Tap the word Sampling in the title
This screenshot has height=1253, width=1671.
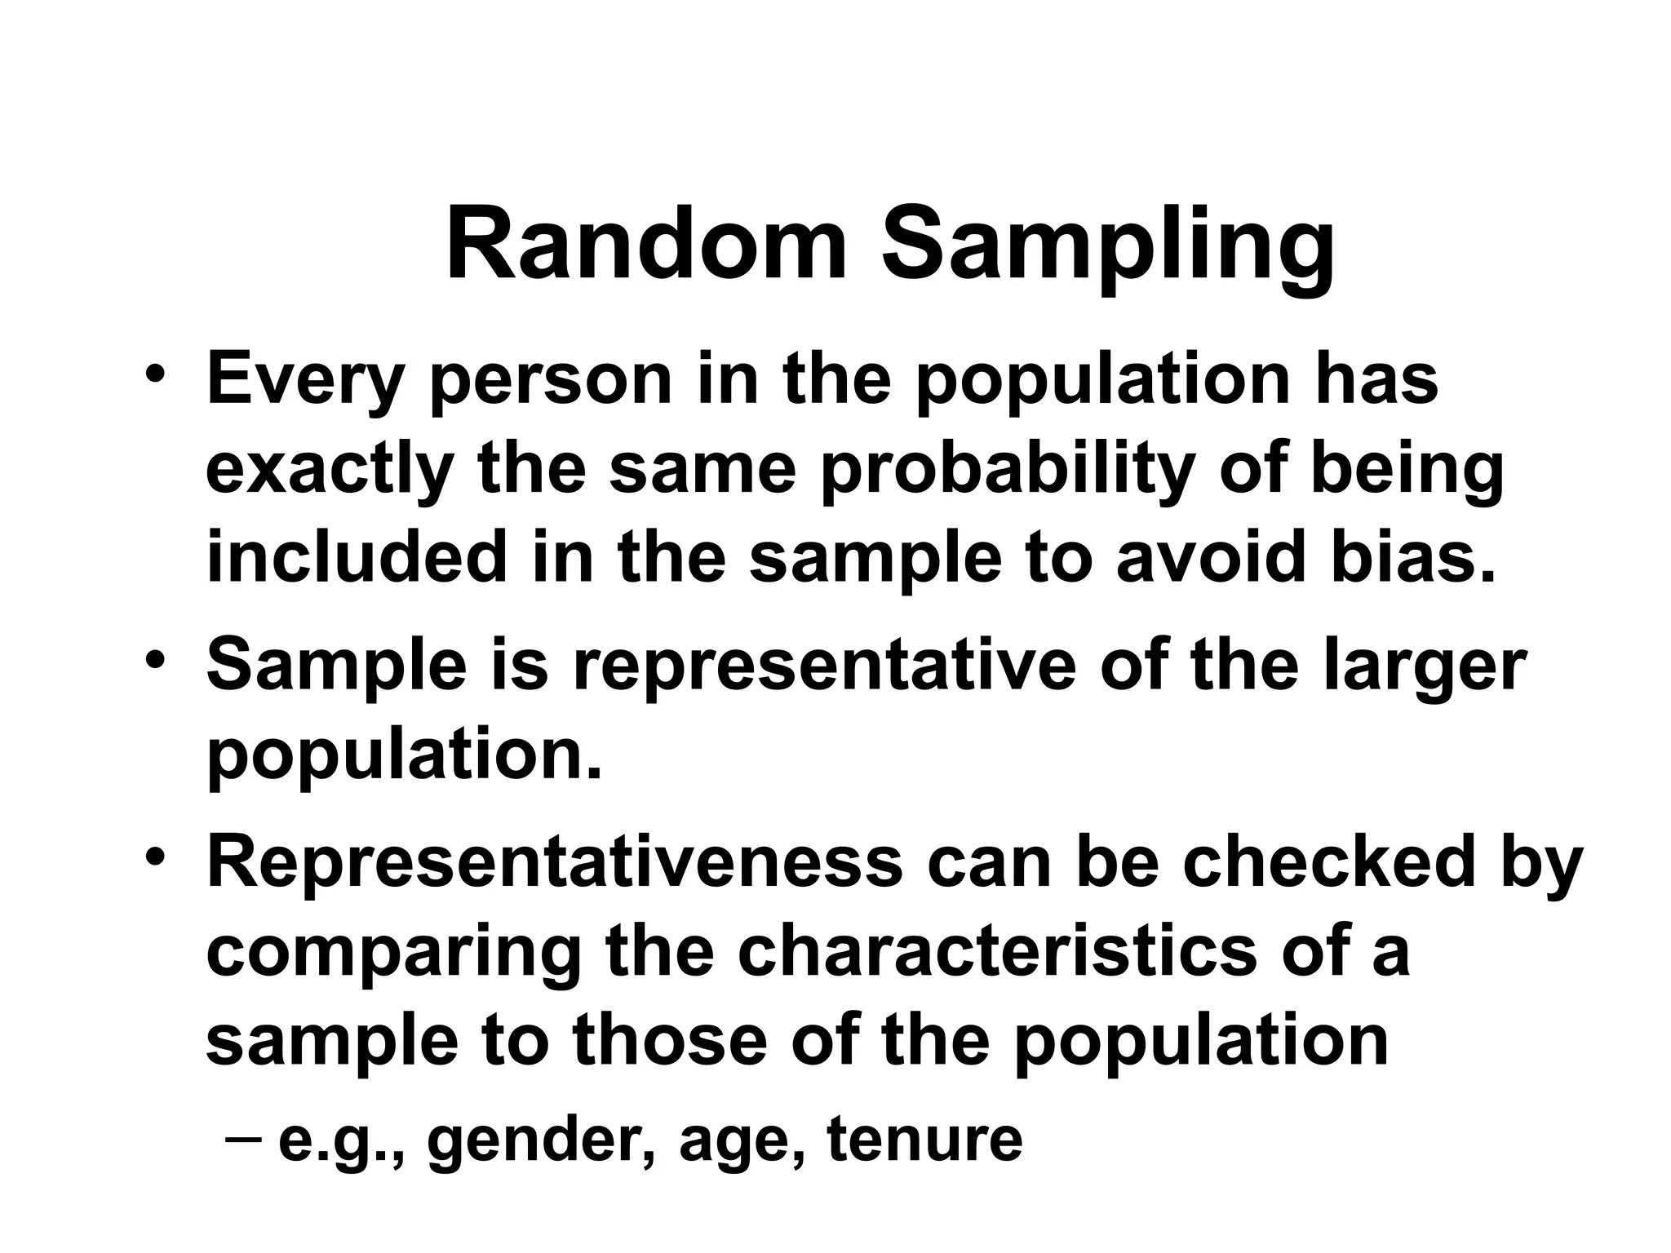(x=1108, y=246)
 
